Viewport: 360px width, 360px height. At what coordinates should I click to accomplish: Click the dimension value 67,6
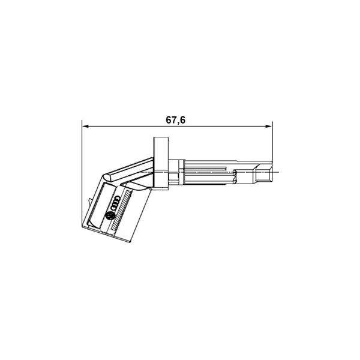click(175, 120)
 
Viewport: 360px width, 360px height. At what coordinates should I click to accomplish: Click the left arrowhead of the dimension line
click(85, 126)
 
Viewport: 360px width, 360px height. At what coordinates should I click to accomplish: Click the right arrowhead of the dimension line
click(269, 126)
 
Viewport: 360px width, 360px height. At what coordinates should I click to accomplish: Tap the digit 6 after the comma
click(182, 120)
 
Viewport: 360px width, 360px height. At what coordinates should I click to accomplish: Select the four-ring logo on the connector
click(114, 203)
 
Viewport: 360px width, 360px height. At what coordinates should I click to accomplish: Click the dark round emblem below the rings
click(109, 216)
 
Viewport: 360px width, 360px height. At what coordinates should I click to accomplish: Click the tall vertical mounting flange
click(161, 163)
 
